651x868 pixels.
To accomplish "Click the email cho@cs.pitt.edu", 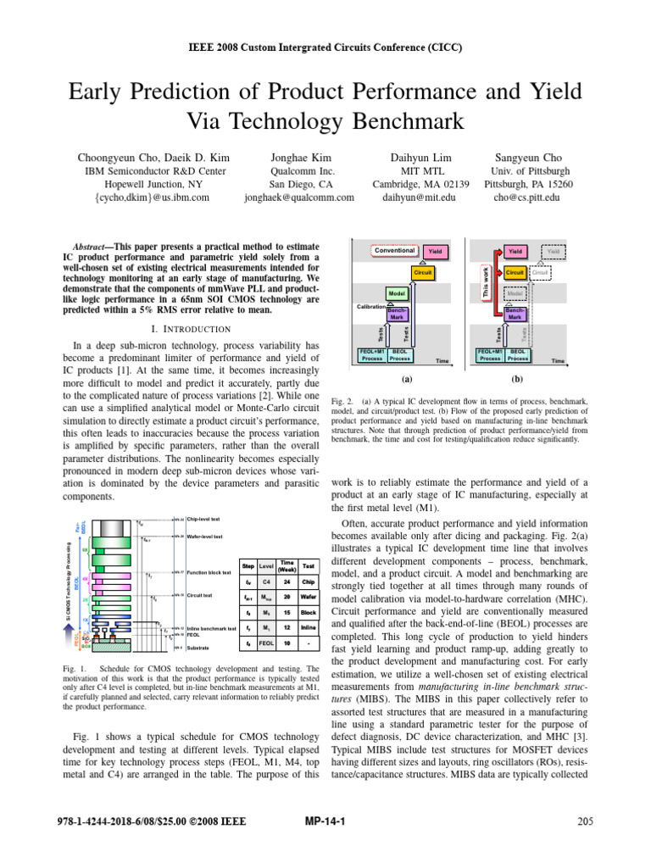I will tap(529, 197).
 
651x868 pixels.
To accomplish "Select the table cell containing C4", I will tap(265, 582).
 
